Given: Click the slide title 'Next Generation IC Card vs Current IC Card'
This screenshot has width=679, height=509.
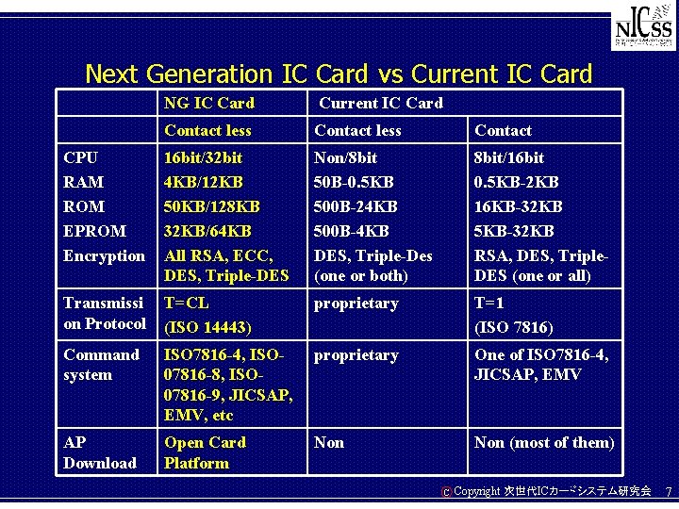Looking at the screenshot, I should [x=339, y=73].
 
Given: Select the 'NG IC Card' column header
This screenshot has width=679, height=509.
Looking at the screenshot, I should [x=208, y=102].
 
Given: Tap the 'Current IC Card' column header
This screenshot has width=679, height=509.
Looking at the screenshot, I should [x=379, y=103].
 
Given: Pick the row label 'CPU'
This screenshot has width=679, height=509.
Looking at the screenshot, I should [x=80, y=156].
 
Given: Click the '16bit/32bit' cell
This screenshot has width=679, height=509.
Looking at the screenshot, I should [x=203, y=156].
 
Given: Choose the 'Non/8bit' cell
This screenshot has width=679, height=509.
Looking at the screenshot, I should [x=345, y=156].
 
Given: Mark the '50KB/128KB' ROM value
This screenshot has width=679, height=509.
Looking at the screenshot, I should [x=211, y=205].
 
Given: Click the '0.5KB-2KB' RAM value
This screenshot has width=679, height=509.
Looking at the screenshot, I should [x=517, y=181].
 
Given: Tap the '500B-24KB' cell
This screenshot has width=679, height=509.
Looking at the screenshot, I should [x=356, y=205].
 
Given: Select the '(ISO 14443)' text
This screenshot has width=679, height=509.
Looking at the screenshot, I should [x=207, y=328].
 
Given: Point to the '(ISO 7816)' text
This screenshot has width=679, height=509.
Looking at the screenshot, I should [x=514, y=328].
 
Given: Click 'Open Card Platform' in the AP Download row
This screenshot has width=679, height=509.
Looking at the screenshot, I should [x=204, y=452].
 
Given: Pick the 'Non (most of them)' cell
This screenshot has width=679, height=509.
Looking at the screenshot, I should [x=543, y=442].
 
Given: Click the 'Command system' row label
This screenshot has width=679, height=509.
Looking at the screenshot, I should [x=101, y=365].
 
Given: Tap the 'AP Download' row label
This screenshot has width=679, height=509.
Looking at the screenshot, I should [x=99, y=452].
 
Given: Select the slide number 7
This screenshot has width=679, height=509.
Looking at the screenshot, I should [x=668, y=492].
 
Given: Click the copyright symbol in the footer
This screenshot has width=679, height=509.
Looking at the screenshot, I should [x=446, y=492].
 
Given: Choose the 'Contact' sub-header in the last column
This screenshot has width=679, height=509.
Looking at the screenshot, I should [x=503, y=130].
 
